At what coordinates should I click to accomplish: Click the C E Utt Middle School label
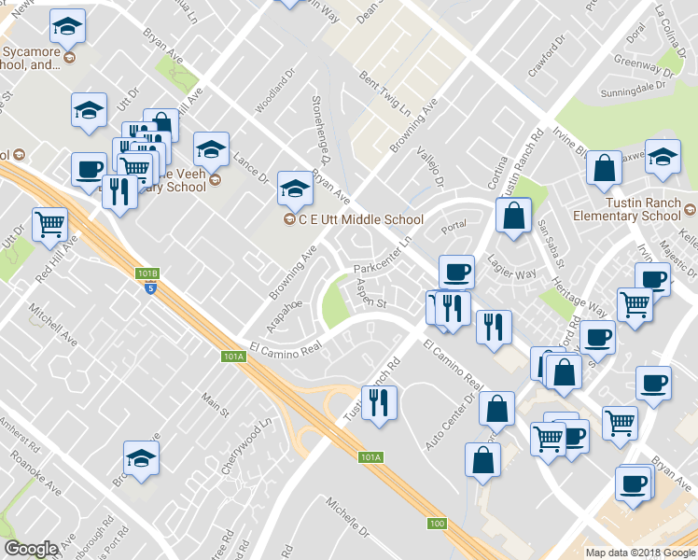360,220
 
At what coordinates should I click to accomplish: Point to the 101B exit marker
148,273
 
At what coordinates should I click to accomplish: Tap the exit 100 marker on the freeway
437,523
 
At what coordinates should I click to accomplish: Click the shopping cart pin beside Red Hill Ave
49,224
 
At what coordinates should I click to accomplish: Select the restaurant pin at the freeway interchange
379,403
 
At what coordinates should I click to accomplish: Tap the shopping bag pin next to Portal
514,216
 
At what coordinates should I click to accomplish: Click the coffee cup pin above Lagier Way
456,272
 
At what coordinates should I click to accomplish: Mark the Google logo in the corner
31,549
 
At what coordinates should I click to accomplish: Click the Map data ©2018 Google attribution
640,553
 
